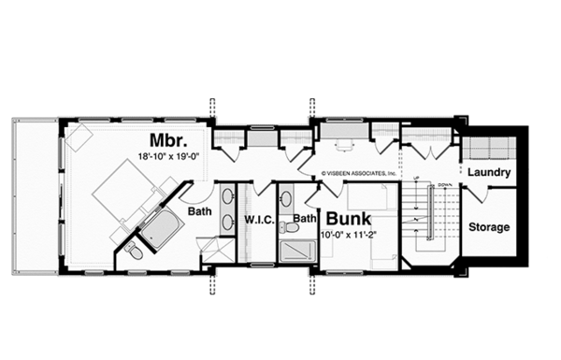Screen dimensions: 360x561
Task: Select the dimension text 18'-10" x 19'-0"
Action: (168, 158)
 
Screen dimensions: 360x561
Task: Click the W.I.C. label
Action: (258, 221)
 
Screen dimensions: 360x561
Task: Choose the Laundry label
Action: (487, 173)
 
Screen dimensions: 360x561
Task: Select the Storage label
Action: (487, 227)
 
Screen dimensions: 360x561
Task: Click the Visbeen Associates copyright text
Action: (360, 173)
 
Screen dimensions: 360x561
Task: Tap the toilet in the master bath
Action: (135, 250)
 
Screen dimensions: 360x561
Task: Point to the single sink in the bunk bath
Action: (287, 197)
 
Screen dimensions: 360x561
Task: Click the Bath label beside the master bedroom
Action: (197, 211)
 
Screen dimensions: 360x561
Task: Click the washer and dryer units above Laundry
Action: (487, 148)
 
